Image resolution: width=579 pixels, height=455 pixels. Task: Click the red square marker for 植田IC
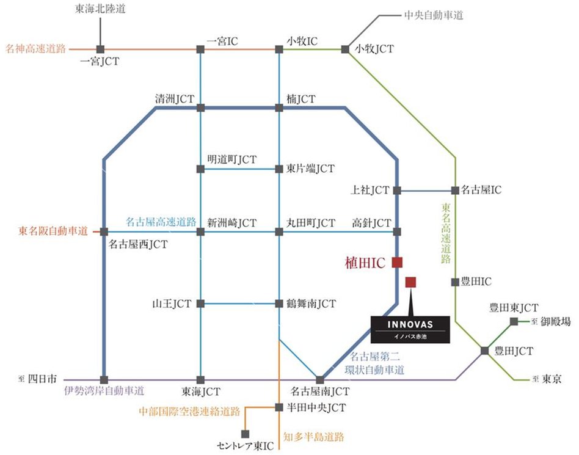[x=397, y=263]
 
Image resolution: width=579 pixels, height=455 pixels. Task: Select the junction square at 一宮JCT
[x=100, y=48]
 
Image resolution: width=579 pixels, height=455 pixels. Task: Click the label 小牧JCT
[x=374, y=49]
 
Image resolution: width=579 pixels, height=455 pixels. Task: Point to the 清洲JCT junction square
[x=200, y=108]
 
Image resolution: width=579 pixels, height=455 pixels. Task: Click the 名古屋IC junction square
[x=454, y=191]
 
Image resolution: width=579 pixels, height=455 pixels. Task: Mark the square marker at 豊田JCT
[x=484, y=351]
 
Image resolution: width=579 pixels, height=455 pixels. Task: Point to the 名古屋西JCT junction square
[x=104, y=231]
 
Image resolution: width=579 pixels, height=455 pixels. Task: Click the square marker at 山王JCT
[x=200, y=303]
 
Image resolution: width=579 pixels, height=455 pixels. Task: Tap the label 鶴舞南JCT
[x=311, y=303]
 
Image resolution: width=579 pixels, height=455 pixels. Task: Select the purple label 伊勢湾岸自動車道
[x=104, y=391]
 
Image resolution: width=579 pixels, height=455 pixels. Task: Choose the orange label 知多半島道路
[x=314, y=437]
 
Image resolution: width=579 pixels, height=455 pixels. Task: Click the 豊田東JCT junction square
[x=514, y=321]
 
